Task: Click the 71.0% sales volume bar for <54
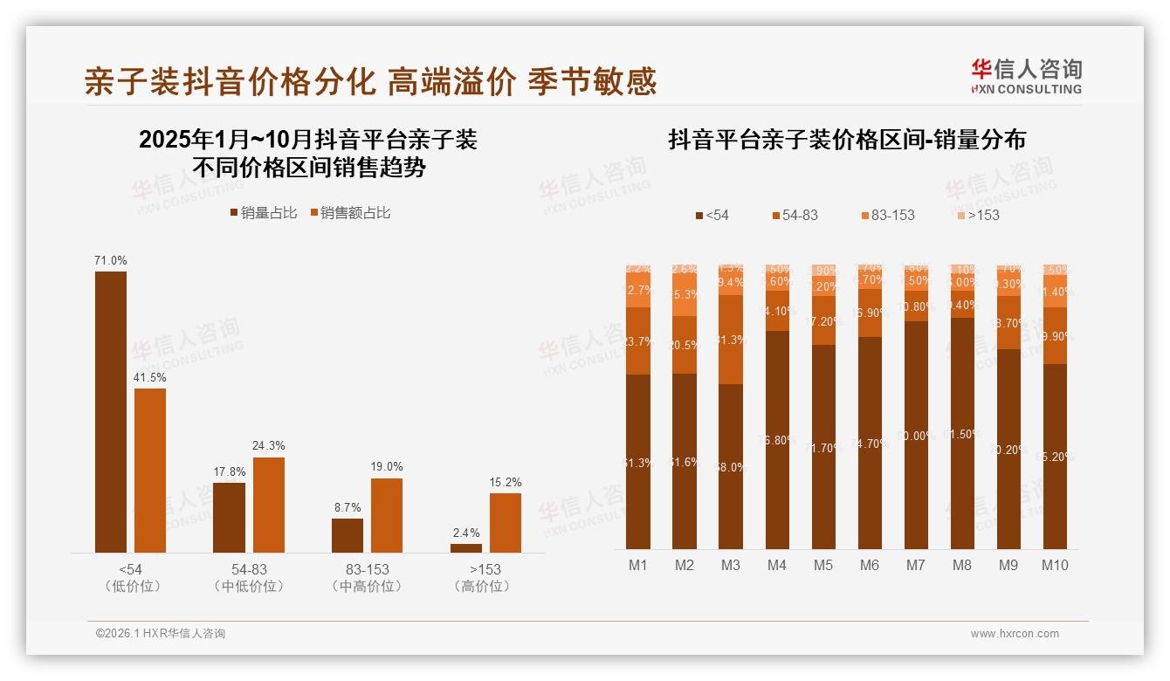111,411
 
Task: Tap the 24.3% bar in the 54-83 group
268,505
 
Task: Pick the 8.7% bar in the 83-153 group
348,535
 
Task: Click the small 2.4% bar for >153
465,547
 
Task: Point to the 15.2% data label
506,482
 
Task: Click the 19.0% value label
387,467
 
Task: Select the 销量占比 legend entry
263,213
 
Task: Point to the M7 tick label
915,566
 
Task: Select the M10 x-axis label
1055,566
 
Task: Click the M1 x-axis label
638,566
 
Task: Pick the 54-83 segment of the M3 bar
731,340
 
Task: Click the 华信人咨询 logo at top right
1026,76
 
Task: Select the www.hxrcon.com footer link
1015,634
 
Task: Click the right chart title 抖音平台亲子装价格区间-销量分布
846,140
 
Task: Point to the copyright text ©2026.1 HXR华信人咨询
160,634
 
